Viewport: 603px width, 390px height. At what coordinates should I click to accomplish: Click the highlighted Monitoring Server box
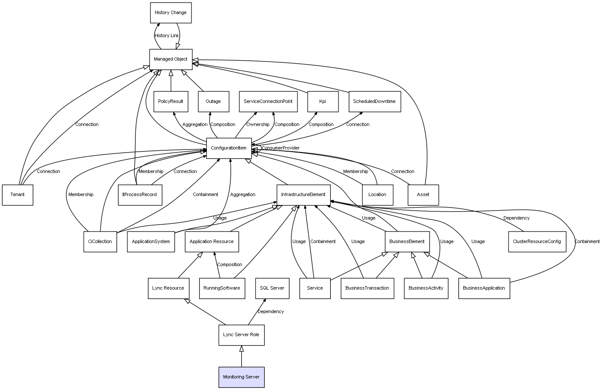click(x=241, y=377)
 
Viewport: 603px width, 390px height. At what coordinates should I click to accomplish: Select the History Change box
click(x=171, y=13)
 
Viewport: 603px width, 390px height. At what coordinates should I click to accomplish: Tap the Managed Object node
click(x=171, y=59)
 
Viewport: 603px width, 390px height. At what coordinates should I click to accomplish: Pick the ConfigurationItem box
click(x=229, y=148)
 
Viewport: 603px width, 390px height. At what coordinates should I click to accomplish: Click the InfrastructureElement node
click(x=303, y=195)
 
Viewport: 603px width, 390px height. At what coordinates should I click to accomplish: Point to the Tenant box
click(x=18, y=195)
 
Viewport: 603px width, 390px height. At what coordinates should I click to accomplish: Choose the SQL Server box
click(x=272, y=288)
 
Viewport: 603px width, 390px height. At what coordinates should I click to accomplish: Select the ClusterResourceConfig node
click(x=537, y=242)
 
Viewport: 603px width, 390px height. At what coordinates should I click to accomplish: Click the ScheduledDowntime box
click(x=374, y=102)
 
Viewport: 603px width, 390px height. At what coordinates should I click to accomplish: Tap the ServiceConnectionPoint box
click(x=268, y=102)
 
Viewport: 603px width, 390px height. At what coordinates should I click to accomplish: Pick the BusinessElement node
click(x=407, y=242)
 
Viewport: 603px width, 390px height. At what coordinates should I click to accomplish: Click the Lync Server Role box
click(x=241, y=335)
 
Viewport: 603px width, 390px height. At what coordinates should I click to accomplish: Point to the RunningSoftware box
click(x=222, y=288)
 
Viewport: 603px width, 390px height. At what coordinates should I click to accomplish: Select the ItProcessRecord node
click(x=140, y=195)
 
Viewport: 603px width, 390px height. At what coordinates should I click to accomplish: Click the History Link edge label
click(x=167, y=36)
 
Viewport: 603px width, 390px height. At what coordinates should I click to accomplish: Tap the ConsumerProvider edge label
click(x=280, y=148)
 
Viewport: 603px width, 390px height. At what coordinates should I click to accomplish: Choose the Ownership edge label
click(x=258, y=125)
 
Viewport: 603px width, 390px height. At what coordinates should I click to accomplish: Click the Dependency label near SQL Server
click(x=271, y=312)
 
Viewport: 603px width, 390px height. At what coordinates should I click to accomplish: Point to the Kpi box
click(x=323, y=102)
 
